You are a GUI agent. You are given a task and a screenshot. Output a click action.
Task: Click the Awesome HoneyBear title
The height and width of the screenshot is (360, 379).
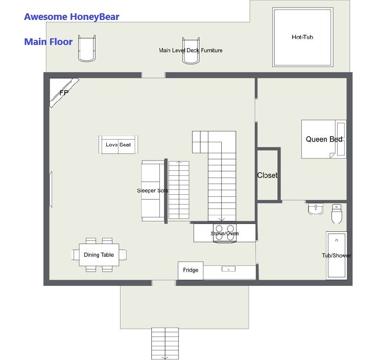pyautogui.click(x=72, y=17)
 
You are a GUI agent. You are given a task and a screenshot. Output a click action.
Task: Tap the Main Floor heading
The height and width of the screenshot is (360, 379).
pyautogui.click(x=49, y=41)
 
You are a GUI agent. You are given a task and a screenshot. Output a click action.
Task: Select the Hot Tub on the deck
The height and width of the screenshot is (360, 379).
pyautogui.click(x=302, y=37)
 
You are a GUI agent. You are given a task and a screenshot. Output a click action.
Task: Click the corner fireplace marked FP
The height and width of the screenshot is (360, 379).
pyautogui.click(x=64, y=93)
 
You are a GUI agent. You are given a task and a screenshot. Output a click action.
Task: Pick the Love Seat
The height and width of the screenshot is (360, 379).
pyautogui.click(x=118, y=144)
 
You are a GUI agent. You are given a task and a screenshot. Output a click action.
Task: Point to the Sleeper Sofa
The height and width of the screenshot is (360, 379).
pyautogui.click(x=153, y=191)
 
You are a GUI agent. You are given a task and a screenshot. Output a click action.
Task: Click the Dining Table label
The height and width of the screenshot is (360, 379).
pyautogui.click(x=99, y=255)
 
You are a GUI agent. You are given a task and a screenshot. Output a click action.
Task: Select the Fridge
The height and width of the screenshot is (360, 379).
pyautogui.click(x=191, y=271)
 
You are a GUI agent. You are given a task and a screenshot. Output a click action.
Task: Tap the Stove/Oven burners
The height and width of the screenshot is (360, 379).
pyautogui.click(x=225, y=233)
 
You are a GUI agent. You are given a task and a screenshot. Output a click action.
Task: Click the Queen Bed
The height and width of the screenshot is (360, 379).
pyautogui.click(x=324, y=139)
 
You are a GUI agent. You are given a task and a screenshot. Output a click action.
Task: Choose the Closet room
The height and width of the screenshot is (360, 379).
pyautogui.click(x=268, y=175)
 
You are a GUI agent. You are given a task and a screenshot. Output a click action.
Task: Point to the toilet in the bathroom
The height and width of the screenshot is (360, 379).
pyautogui.click(x=337, y=214)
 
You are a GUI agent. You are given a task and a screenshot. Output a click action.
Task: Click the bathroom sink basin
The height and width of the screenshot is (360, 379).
pyautogui.click(x=316, y=209)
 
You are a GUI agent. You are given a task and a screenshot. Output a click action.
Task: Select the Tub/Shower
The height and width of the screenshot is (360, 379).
pyautogui.click(x=337, y=255)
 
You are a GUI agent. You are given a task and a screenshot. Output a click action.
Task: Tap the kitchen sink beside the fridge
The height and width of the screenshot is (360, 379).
pyautogui.click(x=228, y=269)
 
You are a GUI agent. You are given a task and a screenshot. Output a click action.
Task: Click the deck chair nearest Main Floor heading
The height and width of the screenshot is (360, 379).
pyautogui.click(x=87, y=49)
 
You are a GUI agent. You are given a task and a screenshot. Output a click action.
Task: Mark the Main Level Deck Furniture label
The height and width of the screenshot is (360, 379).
pyautogui.click(x=191, y=50)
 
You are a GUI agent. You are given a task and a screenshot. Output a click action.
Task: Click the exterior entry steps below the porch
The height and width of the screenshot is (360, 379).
pyautogui.click(x=165, y=344)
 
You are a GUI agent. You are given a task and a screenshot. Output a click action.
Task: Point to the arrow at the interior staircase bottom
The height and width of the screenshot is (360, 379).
pyautogui.click(x=222, y=219)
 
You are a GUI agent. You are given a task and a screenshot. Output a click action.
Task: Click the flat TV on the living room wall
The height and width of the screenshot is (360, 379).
pyautogui.click(x=51, y=189)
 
